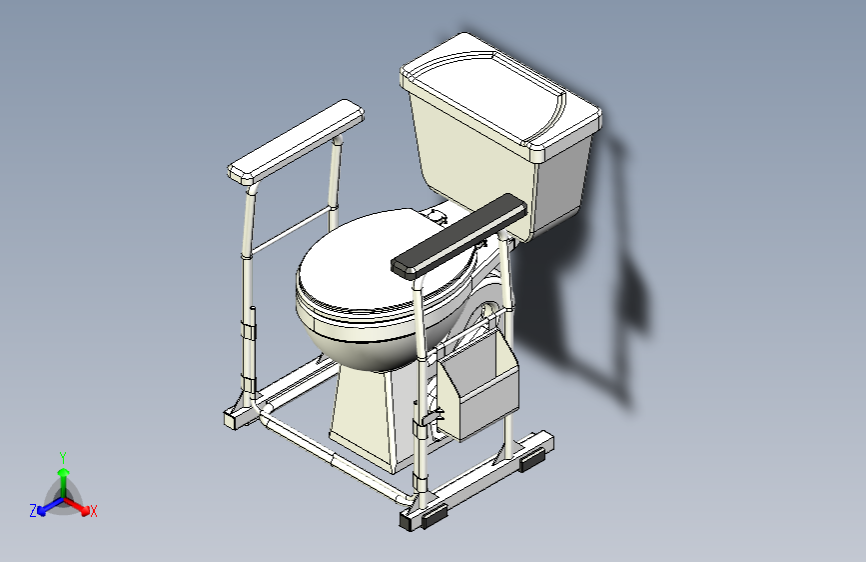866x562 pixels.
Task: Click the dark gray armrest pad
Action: point(458,236)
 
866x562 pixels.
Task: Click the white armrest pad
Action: point(296,142)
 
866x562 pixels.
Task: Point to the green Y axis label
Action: point(63,458)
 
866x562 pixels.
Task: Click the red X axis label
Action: point(93,512)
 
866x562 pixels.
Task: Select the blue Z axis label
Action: point(33,511)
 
